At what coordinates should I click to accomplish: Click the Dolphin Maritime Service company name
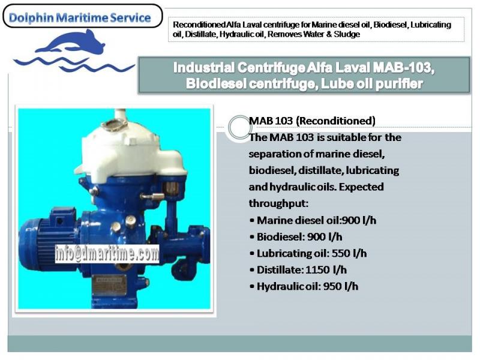pos(79,18)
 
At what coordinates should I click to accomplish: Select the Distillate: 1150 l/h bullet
pos(298,269)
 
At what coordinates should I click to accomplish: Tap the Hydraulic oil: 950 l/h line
pos(304,286)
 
